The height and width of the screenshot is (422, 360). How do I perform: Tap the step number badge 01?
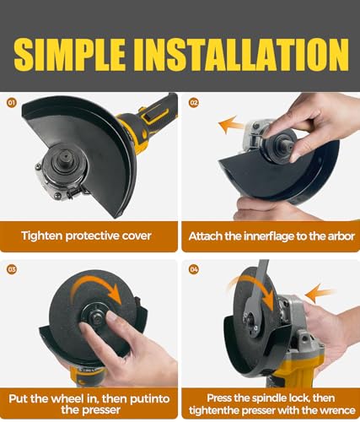pyautogui.click(x=12, y=103)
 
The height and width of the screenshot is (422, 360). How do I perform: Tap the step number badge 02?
pyautogui.click(x=194, y=103)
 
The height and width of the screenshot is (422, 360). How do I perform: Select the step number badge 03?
pyautogui.click(x=12, y=269)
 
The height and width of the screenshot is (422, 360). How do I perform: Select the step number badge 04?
pyautogui.click(x=194, y=269)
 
